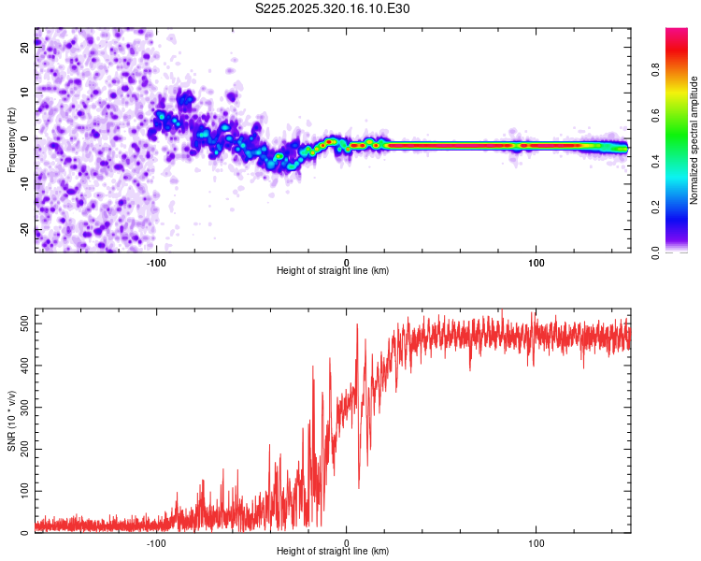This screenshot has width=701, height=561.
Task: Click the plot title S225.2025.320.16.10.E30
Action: coord(333,8)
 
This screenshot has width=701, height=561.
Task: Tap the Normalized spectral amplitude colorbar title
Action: coord(694,140)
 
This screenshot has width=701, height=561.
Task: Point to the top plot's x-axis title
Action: coord(333,271)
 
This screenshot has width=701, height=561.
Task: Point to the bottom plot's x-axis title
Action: coord(333,552)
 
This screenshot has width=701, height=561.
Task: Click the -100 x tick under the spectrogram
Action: coord(156,262)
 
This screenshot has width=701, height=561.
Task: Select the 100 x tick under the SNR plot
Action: coord(536,542)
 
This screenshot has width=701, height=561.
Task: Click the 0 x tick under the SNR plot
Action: coord(347,542)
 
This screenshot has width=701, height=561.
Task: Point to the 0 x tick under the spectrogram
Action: coord(347,262)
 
